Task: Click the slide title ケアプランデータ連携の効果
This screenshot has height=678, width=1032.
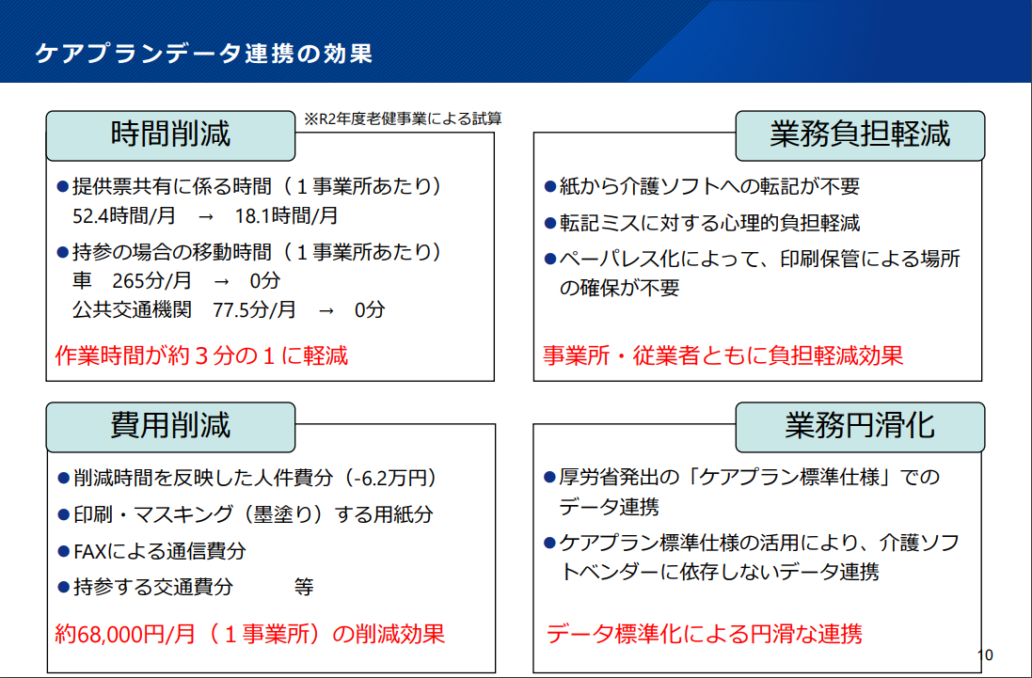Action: (x=204, y=54)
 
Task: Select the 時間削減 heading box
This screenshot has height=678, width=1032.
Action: (x=170, y=135)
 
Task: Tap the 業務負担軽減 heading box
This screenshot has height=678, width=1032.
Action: (x=860, y=135)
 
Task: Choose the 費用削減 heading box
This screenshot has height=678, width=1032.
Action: (x=170, y=427)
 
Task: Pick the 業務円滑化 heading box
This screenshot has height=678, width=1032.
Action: (x=860, y=427)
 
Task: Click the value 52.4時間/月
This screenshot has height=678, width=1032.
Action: (x=124, y=215)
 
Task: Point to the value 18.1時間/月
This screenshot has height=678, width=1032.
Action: (x=286, y=215)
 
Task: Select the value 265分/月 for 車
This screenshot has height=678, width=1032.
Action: (x=151, y=281)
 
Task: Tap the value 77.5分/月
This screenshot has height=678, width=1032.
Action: (x=254, y=309)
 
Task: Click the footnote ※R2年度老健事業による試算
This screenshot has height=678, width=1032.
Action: (x=403, y=118)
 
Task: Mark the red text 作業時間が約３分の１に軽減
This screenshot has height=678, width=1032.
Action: (x=201, y=355)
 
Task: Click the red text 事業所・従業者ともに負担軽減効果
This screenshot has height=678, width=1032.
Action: (x=722, y=355)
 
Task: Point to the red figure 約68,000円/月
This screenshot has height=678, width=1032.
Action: (x=125, y=634)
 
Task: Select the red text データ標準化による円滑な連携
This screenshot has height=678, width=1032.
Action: (x=705, y=634)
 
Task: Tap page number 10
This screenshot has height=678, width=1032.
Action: (x=985, y=655)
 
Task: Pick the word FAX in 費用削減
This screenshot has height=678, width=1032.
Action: (x=89, y=551)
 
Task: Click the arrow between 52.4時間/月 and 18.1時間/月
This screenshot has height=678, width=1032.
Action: (x=205, y=216)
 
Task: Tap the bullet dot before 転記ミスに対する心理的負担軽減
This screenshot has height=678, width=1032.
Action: (x=550, y=224)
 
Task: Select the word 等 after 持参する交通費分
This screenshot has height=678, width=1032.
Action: (x=304, y=587)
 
